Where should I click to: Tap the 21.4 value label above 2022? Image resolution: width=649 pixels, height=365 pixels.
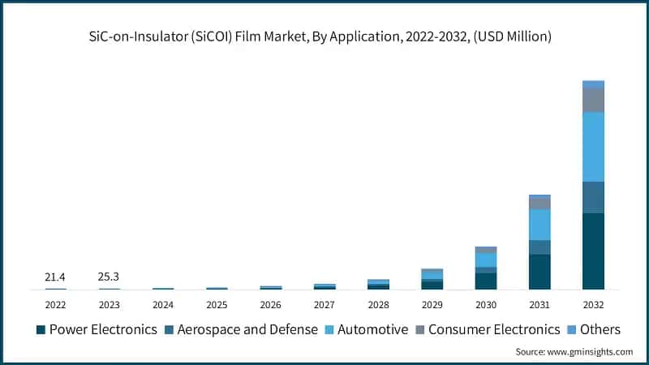(55, 277)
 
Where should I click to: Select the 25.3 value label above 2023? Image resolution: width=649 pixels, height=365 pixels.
(109, 277)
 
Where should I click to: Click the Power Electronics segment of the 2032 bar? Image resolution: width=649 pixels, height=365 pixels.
(593, 251)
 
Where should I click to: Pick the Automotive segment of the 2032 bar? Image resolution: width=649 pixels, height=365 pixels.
(593, 147)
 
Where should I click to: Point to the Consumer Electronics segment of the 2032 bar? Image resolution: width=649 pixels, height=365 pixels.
(593, 100)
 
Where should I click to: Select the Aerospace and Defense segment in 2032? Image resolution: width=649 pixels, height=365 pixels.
(593, 197)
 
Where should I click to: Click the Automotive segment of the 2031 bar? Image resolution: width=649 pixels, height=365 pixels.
(539, 225)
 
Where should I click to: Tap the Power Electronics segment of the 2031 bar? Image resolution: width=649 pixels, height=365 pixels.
(539, 272)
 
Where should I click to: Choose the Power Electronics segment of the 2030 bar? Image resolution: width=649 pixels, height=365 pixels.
(486, 281)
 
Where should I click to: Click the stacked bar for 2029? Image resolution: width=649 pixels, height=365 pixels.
(432, 279)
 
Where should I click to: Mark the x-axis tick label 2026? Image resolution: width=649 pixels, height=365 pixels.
(270, 305)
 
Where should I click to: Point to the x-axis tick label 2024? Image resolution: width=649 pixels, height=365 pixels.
(163, 305)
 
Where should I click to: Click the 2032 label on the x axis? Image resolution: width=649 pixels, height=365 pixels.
(593, 305)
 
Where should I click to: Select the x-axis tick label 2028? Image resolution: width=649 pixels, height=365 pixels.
(378, 305)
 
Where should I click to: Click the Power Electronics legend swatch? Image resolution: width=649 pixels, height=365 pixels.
(41, 329)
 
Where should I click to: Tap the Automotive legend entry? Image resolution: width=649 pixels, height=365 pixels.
(366, 329)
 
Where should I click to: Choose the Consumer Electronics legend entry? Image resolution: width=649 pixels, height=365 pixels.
(487, 329)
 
